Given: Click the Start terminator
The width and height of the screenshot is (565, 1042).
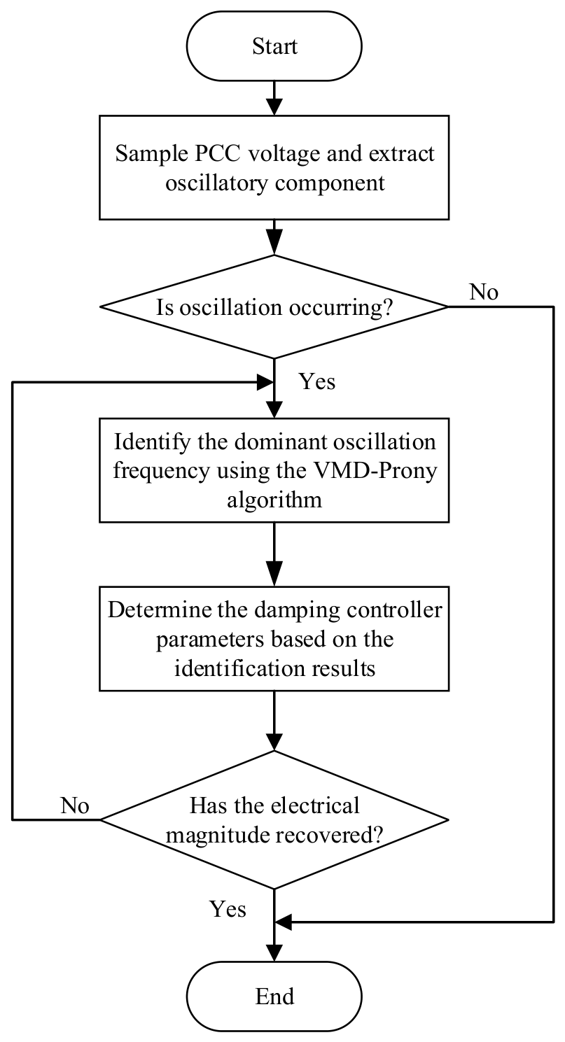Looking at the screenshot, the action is point(274,46).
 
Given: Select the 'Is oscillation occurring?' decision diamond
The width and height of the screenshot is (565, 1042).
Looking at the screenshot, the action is point(274,307).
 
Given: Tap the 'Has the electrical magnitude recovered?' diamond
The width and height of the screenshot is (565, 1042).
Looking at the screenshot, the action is point(274,819).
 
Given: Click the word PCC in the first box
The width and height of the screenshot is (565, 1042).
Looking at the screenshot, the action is point(217,154).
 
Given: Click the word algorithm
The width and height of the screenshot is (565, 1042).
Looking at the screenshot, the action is point(274,500).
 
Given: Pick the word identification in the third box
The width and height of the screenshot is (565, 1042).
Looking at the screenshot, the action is point(239,668).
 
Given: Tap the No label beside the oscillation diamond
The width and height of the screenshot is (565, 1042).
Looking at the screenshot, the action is point(484,292).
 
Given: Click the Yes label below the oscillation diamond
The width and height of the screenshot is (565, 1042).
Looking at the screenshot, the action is point(317,381).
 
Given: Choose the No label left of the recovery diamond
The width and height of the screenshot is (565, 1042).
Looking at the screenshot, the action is point(74,805).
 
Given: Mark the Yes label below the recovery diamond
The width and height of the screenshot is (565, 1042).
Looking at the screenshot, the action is point(228,909).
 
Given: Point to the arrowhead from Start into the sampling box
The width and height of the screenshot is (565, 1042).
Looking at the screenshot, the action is point(274,106).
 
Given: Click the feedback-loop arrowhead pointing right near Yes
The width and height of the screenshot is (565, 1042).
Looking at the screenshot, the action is point(265,382).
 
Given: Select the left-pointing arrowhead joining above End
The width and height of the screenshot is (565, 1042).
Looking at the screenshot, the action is point(283,922).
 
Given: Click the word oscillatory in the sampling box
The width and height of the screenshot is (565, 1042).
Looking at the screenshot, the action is point(216,183).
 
